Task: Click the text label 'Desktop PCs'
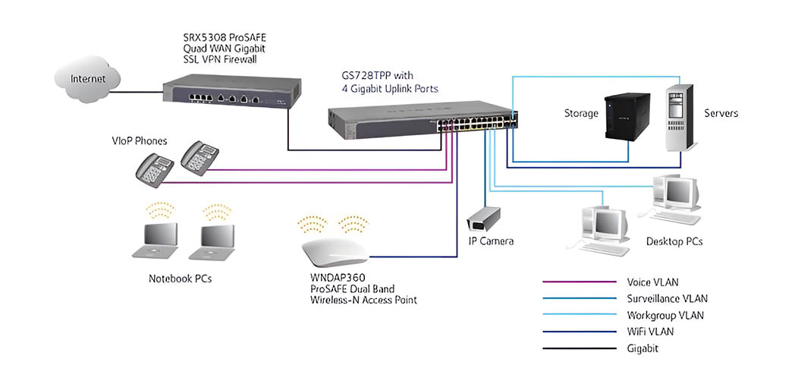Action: point(674,241)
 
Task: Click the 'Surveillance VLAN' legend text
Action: point(667,298)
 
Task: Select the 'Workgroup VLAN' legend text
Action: point(665,315)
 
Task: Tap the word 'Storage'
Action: point(581,114)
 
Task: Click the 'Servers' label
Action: point(721,114)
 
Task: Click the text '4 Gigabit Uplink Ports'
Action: point(390,89)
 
